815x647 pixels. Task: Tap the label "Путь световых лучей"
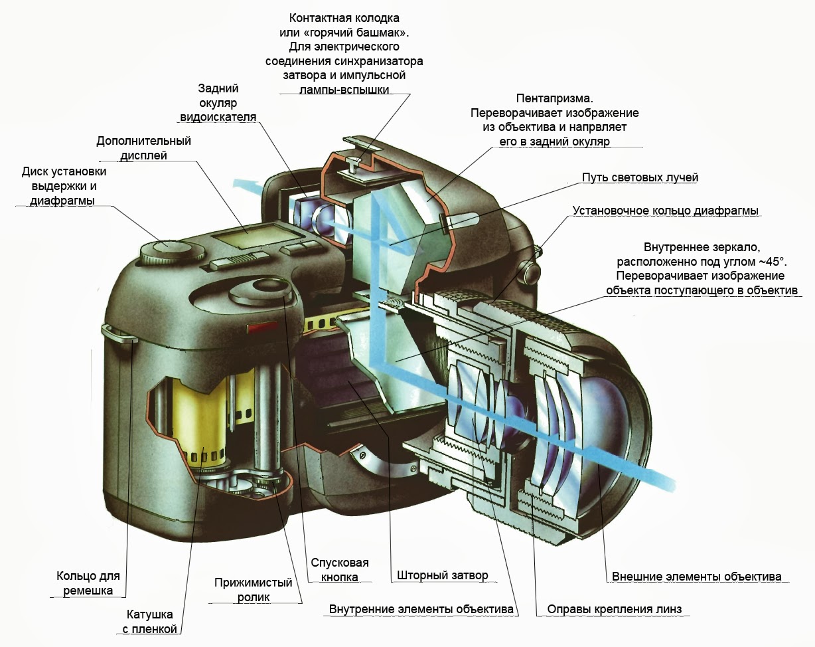click(x=640, y=177)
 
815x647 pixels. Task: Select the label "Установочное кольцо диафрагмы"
click(x=666, y=211)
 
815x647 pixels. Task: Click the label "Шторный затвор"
click(x=443, y=575)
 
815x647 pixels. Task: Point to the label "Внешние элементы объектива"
click(x=696, y=576)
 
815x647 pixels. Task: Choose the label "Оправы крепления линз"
click(x=614, y=609)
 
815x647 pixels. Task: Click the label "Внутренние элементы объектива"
click(x=421, y=609)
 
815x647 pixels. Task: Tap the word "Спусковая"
click(x=340, y=563)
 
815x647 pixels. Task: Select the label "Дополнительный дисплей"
click(x=143, y=147)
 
